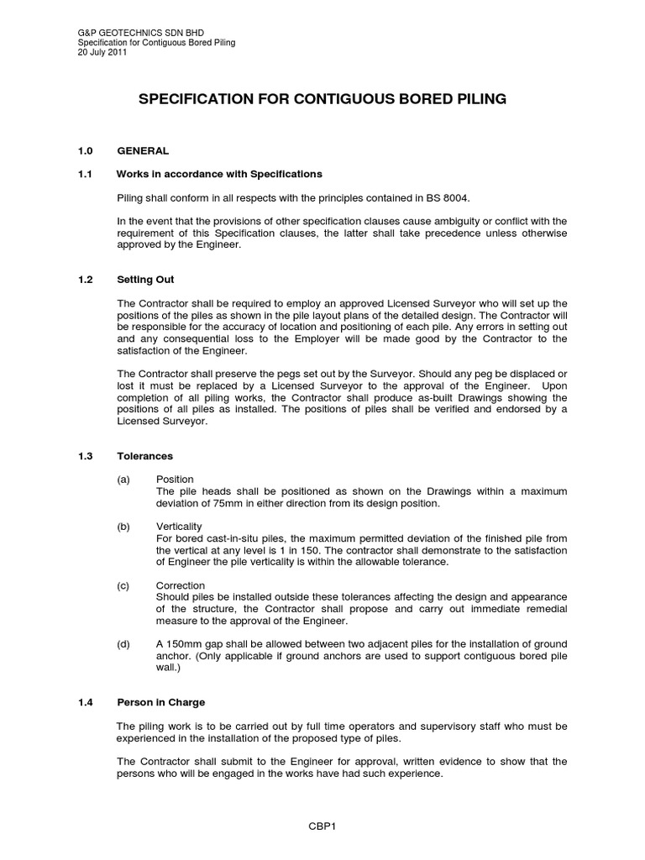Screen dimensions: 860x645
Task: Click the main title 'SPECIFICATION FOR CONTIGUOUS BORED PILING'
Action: [322, 99]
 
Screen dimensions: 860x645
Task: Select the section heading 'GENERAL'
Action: [143, 151]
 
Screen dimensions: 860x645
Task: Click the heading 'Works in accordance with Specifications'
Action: [219, 174]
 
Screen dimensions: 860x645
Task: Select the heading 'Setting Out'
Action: [146, 279]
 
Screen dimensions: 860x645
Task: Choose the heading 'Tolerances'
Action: [145, 456]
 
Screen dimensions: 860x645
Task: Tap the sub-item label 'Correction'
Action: [181, 585]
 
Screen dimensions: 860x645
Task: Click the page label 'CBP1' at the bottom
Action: [322, 826]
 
